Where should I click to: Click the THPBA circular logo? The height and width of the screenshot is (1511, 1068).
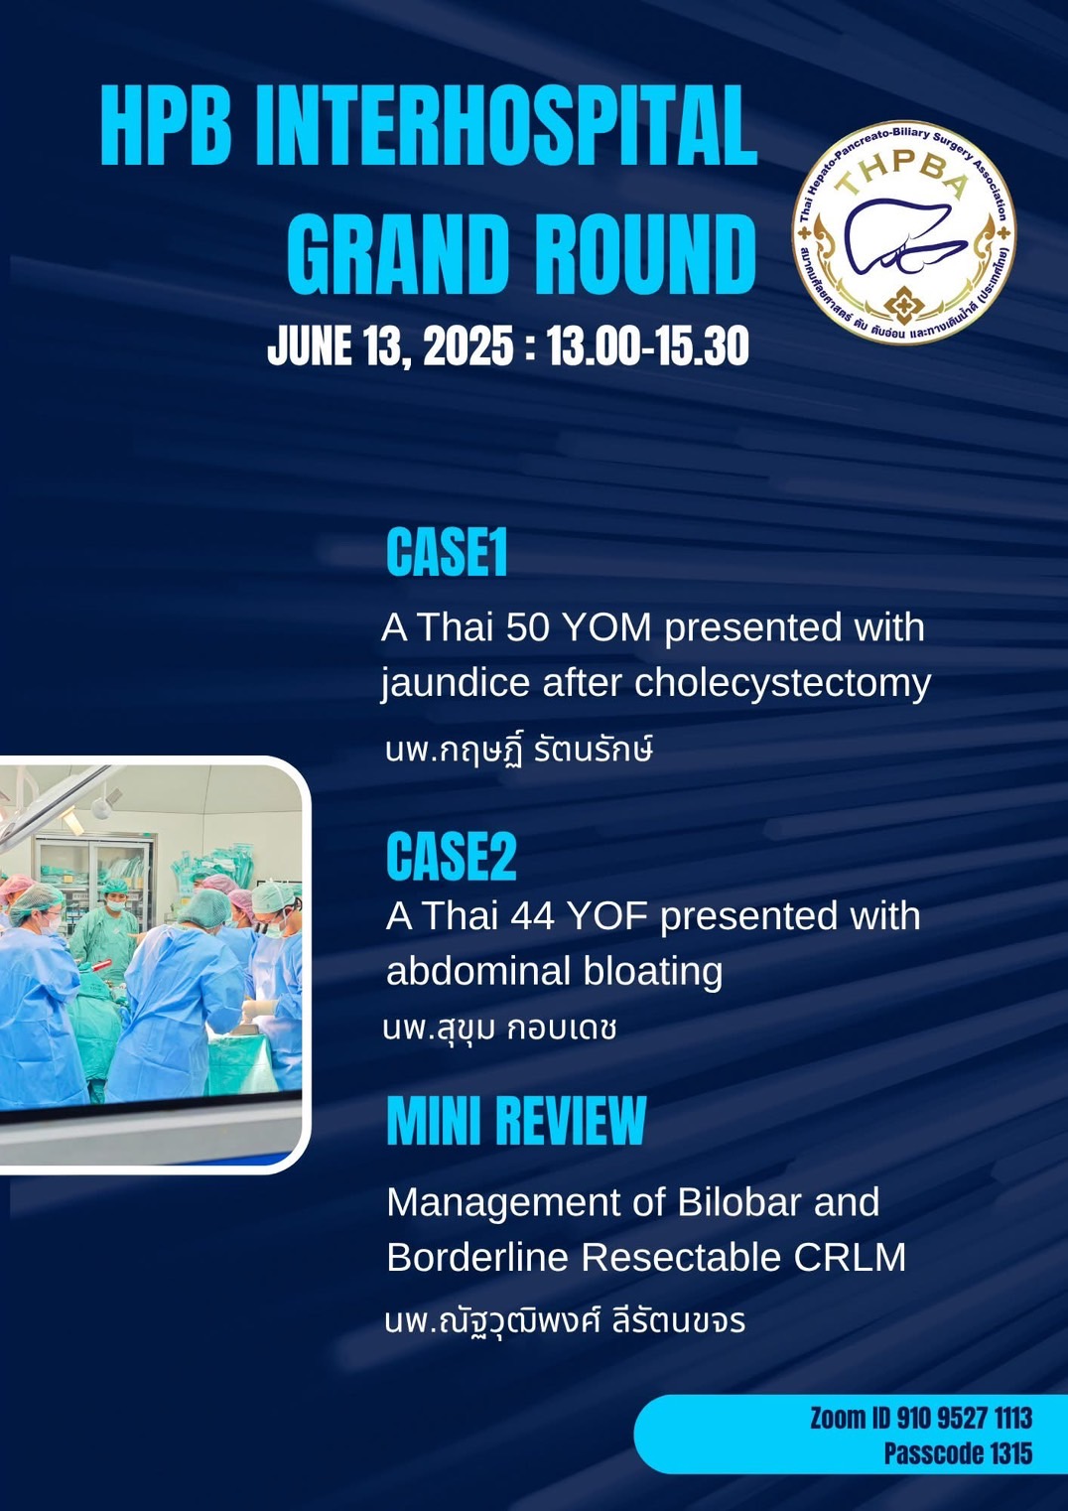point(903,232)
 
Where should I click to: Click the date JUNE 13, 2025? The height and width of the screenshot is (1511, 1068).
point(390,346)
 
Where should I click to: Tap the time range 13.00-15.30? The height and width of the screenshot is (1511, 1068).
point(647,346)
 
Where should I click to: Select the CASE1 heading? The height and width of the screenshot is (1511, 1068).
point(447,553)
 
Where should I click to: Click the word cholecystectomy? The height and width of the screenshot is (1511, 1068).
point(782,684)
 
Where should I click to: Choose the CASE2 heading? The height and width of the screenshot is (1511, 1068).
point(451,857)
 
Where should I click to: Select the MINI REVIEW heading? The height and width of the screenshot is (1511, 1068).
point(516,1122)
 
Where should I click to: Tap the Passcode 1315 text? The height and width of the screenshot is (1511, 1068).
point(958,1452)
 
